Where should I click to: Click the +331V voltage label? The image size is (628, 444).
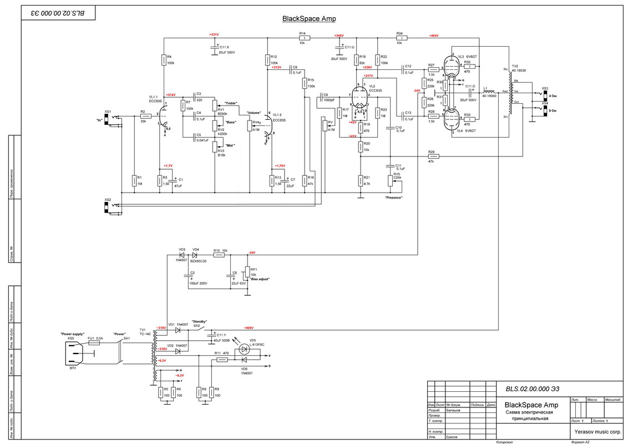[x=214, y=34]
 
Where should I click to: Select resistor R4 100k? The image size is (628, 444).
[x=164, y=59]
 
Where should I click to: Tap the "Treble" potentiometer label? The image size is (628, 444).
[x=231, y=103]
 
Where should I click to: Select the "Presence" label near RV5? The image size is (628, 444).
[x=393, y=198]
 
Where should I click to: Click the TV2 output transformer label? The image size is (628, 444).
[x=516, y=67]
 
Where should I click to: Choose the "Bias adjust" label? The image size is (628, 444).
[x=260, y=279]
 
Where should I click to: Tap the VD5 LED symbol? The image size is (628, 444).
[x=244, y=350]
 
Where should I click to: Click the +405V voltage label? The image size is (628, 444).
[x=249, y=328]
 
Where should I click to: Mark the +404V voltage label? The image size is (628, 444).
[x=433, y=36]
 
